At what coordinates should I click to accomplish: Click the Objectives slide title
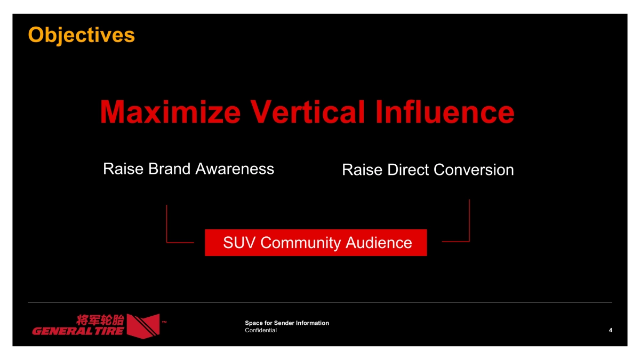(81, 35)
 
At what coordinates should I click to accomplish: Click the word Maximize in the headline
(170, 113)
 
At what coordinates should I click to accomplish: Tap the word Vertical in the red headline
(308, 113)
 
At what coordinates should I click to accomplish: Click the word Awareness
(235, 169)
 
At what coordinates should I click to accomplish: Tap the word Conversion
(474, 170)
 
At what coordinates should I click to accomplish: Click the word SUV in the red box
(240, 243)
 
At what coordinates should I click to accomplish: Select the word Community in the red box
(301, 243)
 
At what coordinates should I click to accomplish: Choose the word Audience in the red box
(379, 243)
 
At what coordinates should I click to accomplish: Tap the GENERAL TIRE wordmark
(78, 331)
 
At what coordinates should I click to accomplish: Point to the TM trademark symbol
(164, 322)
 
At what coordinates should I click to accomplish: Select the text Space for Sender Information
(286, 323)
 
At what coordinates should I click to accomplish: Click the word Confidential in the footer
(260, 331)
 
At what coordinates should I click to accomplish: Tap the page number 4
(610, 331)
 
